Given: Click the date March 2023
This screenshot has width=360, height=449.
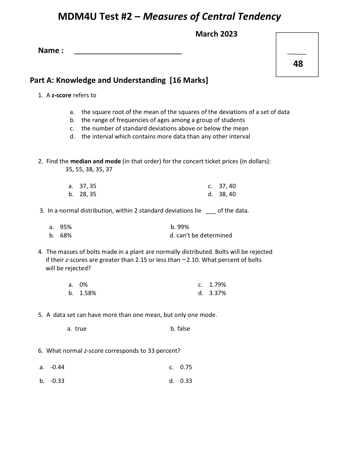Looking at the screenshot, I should (216, 34).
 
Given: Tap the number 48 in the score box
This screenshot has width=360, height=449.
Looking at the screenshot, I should (298, 64).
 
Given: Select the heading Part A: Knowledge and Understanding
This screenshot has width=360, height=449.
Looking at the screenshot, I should (98, 80).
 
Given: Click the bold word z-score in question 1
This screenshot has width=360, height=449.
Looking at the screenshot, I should (61, 95).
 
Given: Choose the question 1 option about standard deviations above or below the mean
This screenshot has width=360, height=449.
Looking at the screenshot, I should (165, 128).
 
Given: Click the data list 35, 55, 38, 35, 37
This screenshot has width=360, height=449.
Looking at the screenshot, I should (89, 169).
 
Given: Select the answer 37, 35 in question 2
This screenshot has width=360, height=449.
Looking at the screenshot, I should (88, 186).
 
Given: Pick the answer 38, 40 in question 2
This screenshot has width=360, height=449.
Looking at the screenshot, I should (227, 194).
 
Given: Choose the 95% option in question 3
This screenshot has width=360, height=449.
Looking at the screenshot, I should (66, 227).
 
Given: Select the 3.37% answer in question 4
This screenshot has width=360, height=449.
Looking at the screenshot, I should (217, 293).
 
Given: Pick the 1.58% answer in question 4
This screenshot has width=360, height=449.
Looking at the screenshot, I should (88, 293).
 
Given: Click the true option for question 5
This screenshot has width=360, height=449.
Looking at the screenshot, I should (81, 329).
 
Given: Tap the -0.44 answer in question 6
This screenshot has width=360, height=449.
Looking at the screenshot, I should (57, 367).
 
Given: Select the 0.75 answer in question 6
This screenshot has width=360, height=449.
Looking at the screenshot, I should (186, 367).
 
